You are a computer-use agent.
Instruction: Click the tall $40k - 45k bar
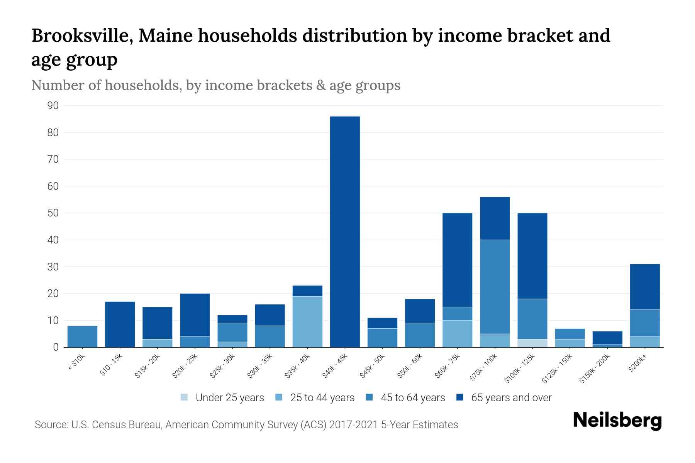click(x=345, y=231)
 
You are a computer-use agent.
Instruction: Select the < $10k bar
click(x=82, y=336)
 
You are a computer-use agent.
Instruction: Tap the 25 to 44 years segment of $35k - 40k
click(x=307, y=321)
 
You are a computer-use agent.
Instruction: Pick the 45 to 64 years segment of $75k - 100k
click(x=495, y=287)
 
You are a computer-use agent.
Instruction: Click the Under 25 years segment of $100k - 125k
click(x=532, y=343)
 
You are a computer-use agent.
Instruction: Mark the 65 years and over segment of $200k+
click(x=645, y=287)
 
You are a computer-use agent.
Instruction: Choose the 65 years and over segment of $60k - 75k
click(x=458, y=260)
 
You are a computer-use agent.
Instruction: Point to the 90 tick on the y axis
click(x=53, y=106)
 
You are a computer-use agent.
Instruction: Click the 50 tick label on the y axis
click(x=53, y=213)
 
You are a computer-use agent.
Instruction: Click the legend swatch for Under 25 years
click(x=185, y=397)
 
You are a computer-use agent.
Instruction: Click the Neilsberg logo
click(x=617, y=421)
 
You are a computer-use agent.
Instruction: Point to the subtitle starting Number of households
click(x=215, y=85)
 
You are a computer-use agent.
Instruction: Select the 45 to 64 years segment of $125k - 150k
click(x=570, y=334)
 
